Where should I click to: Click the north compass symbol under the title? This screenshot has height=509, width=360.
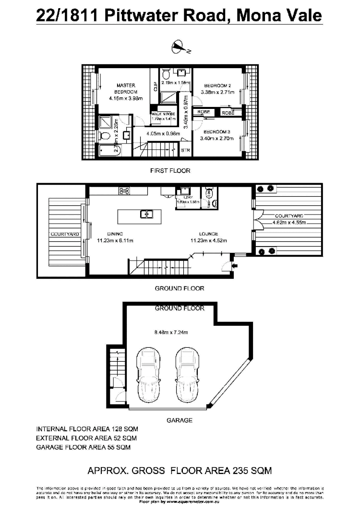pyautogui.click(x=178, y=47)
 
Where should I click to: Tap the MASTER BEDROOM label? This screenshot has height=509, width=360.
pyautogui.click(x=126, y=88)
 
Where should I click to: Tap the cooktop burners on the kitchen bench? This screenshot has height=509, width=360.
pyautogui.click(x=124, y=191)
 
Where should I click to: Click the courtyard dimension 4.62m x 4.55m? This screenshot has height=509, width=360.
pyautogui.click(x=289, y=223)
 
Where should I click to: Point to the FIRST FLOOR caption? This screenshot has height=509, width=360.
pyautogui.click(x=170, y=170)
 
